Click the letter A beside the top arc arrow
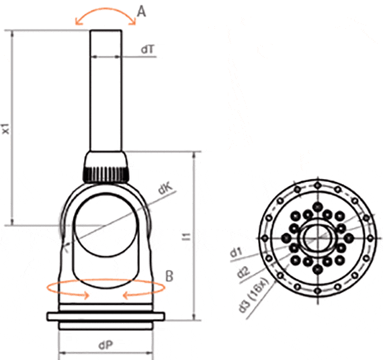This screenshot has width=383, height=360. click(142, 11)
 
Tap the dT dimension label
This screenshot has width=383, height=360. click(148, 50)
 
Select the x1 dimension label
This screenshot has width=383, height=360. click(5, 128)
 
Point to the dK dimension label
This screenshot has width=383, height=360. click(164, 191)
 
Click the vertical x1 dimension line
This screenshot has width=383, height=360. click(12, 128)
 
